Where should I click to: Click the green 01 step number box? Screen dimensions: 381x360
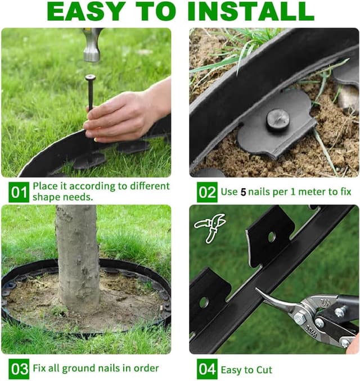[19, 192]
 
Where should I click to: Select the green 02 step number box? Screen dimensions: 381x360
[207, 192]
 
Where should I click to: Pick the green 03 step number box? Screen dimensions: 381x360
[19, 369]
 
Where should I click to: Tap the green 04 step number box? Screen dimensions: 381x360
[207, 369]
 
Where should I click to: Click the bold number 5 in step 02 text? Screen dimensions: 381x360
[243, 192]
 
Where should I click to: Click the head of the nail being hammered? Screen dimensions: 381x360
[90, 77]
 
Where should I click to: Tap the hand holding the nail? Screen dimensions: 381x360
[121, 112]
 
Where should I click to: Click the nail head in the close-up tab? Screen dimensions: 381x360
[277, 119]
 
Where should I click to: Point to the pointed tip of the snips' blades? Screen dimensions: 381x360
[259, 291]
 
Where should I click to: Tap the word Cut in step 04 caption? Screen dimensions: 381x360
[262, 369]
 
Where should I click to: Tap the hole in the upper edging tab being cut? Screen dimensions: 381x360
[272, 237]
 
